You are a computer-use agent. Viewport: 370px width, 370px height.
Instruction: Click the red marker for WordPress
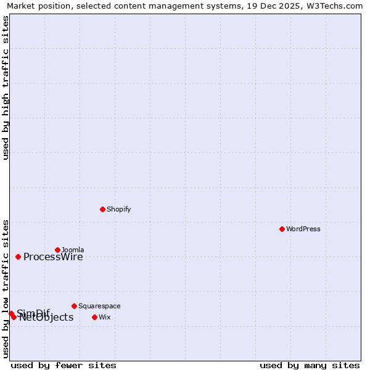(282, 229)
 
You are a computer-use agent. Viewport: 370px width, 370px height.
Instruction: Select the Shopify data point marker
(102, 209)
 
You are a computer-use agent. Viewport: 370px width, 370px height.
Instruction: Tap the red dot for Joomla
(57, 250)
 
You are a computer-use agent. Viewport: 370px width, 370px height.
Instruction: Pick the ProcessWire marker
(18, 257)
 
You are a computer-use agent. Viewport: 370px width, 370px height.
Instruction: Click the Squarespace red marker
(74, 306)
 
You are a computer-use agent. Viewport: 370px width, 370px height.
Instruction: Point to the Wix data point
(94, 317)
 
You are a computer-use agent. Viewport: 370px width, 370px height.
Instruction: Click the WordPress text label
(303, 229)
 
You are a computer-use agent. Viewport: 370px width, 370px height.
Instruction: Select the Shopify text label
(118, 209)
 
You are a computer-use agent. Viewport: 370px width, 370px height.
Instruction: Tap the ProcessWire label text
(53, 257)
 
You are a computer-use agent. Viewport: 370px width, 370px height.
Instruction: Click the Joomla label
(73, 250)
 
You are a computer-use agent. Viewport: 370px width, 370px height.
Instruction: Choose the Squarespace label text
(99, 306)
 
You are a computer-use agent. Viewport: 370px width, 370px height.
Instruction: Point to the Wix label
(104, 317)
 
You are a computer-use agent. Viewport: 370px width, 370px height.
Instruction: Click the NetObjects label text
(46, 318)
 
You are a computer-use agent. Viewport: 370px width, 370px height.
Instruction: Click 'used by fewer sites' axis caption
(64, 365)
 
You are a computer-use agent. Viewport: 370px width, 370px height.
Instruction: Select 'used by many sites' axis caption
(310, 365)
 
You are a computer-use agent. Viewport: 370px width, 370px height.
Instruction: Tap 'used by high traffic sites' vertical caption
(6, 88)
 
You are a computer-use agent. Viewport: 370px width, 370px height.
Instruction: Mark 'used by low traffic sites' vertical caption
(6, 288)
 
